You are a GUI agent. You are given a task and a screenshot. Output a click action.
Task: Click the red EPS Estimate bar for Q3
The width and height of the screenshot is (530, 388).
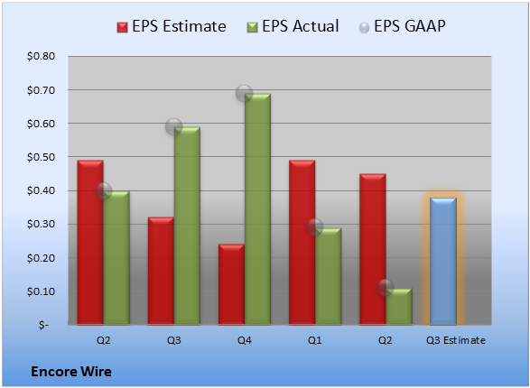click(x=161, y=271)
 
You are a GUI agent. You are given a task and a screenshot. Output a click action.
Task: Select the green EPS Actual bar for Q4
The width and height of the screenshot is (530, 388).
click(x=257, y=209)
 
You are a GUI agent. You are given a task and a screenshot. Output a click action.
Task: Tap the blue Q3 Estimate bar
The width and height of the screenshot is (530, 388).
click(x=443, y=261)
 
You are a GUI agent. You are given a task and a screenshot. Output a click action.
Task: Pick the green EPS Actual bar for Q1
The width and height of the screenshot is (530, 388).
click(x=328, y=276)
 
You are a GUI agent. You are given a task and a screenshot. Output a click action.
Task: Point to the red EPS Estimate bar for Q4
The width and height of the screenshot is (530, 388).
click(x=231, y=284)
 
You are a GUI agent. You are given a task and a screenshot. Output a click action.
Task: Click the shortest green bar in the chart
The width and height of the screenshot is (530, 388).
click(x=399, y=307)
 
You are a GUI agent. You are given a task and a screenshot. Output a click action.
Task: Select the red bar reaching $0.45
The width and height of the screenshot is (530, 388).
click(x=373, y=249)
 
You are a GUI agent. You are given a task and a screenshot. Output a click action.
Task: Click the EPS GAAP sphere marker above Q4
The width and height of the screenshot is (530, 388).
click(x=244, y=93)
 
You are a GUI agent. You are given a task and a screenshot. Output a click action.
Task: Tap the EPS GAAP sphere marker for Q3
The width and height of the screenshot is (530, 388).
click(x=173, y=127)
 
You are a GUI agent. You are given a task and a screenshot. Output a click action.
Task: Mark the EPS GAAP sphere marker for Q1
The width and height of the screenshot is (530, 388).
click(x=315, y=226)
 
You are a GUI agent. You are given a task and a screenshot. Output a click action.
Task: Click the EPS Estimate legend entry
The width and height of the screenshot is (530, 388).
click(x=172, y=26)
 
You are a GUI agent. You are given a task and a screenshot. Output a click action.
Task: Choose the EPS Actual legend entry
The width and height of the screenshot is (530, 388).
click(x=293, y=26)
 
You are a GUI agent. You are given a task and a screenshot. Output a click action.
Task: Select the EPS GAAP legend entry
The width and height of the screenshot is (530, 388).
click(x=402, y=26)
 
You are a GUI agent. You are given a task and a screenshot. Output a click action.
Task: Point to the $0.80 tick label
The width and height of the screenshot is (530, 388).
click(x=41, y=56)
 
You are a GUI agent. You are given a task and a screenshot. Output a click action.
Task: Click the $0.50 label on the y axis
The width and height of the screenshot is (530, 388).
click(x=41, y=157)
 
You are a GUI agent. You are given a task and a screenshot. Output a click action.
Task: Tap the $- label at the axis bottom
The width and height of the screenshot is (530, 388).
click(x=43, y=325)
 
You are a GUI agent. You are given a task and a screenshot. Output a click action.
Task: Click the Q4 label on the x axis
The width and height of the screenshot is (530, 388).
click(x=244, y=340)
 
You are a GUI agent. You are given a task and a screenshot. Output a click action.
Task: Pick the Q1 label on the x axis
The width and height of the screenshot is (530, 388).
click(x=315, y=340)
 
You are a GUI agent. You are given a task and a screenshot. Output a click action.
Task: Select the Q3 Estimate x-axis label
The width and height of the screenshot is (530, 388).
click(x=456, y=340)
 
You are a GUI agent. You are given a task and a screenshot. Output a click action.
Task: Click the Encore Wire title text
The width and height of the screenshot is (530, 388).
click(x=71, y=372)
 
